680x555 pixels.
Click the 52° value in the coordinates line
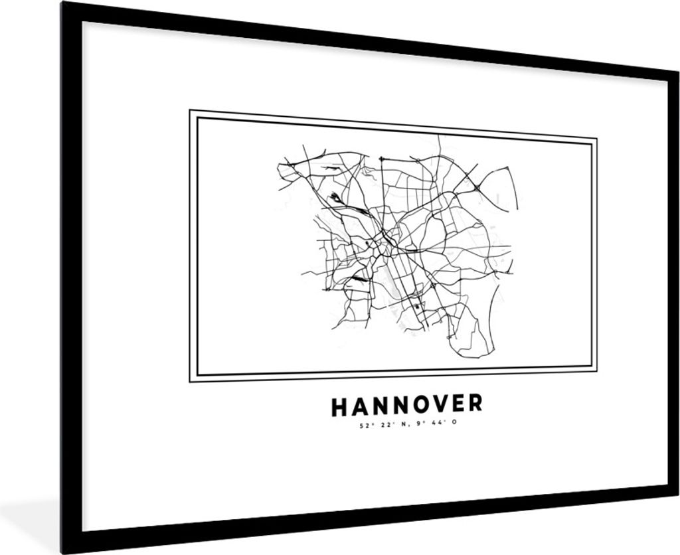tap(362, 424)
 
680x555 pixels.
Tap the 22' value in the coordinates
tap(382, 424)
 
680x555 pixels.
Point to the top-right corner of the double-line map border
tap(596, 140)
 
